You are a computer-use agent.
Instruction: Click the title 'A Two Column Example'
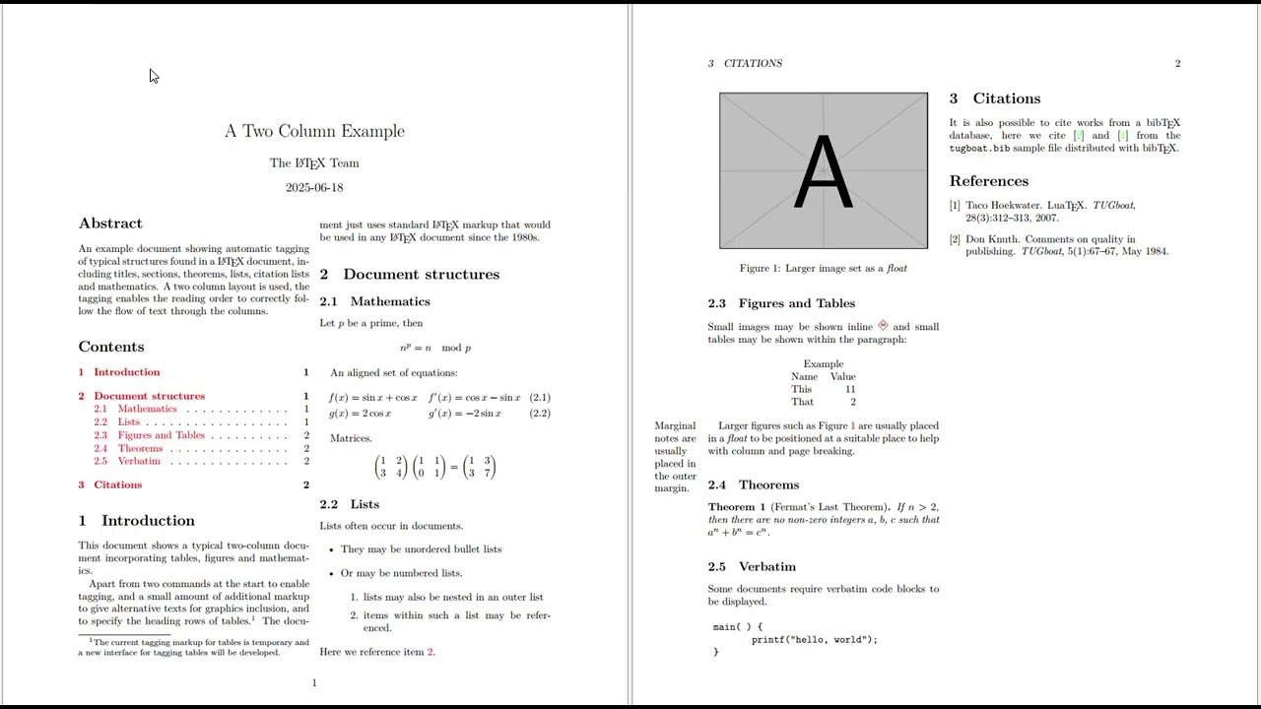coord(314,131)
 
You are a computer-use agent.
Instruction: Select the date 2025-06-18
coord(314,187)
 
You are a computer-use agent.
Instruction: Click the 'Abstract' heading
coord(110,224)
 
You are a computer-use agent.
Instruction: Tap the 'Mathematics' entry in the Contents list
coord(147,409)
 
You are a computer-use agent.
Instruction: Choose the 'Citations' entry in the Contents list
coord(117,484)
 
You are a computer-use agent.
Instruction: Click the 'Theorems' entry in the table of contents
coord(140,448)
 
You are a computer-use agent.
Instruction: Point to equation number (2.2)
coord(540,414)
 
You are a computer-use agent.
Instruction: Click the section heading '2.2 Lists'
coord(349,504)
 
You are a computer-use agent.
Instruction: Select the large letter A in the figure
coord(823,172)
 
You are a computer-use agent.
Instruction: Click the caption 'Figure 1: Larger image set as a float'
coord(823,268)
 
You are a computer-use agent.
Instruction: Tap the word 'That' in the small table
coord(802,402)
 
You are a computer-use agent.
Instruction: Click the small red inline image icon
coord(883,326)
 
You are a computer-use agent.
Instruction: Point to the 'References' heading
coord(988,181)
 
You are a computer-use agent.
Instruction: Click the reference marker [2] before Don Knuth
coord(955,239)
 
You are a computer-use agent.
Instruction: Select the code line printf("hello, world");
coord(814,639)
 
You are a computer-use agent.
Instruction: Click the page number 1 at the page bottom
coord(314,682)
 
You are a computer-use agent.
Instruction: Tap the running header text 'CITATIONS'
coord(753,63)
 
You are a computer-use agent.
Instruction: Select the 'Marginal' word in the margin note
coord(675,425)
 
